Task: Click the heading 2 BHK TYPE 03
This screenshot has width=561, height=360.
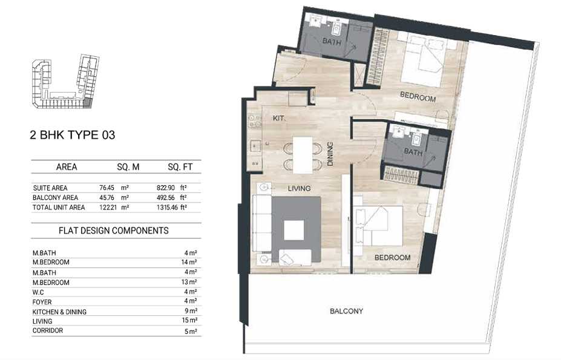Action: pyautogui.click(x=72, y=135)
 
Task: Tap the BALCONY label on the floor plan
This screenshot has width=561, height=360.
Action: pyautogui.click(x=346, y=312)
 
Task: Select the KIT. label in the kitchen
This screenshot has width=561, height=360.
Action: pyautogui.click(x=279, y=118)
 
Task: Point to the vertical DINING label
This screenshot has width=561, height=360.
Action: pyautogui.click(x=330, y=154)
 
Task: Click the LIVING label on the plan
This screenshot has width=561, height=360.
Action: pyautogui.click(x=299, y=188)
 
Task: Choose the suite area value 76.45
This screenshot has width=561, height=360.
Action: pyautogui.click(x=107, y=188)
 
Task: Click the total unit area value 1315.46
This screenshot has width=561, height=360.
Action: pyautogui.click(x=167, y=207)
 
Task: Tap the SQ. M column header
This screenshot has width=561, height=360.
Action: pyautogui.click(x=128, y=167)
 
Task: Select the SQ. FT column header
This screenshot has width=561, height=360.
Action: pyautogui.click(x=180, y=167)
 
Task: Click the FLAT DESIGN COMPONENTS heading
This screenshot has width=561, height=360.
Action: pyautogui.click(x=113, y=231)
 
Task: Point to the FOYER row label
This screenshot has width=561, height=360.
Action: pyautogui.click(x=42, y=302)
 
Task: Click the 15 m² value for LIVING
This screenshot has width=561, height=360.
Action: pyautogui.click(x=189, y=320)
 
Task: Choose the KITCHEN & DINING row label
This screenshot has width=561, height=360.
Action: pyautogui.click(x=59, y=312)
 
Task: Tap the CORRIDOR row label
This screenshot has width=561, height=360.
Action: pyautogui.click(x=48, y=331)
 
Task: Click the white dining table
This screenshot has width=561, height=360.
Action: pyautogui.click(x=303, y=155)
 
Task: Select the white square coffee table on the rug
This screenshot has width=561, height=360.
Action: pyautogui.click(x=294, y=230)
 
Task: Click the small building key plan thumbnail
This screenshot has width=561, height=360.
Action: pyautogui.click(x=65, y=82)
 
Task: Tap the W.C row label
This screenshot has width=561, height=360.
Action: pyautogui.click(x=38, y=292)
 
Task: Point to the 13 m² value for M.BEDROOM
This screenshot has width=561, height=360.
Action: pyautogui.click(x=189, y=283)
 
